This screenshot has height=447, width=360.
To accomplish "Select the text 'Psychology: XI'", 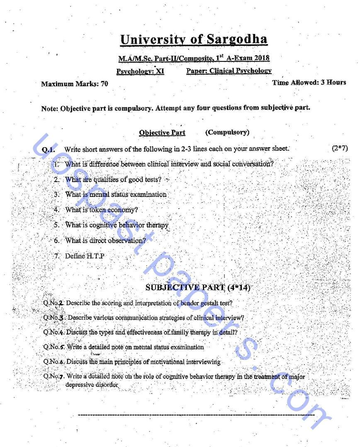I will point(140,71).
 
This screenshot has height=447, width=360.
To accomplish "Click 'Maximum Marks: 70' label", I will point(75,84).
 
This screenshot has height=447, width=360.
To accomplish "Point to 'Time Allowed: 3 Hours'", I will point(309,83).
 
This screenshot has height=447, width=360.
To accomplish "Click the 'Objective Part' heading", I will point(162,133).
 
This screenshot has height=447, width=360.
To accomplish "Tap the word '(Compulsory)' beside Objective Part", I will point(227,132).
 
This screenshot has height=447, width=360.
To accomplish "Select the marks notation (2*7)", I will point(340,148).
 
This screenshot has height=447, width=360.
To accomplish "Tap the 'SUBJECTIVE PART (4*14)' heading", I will point(198,287).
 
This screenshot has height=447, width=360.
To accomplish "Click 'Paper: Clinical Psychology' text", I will point(229,71).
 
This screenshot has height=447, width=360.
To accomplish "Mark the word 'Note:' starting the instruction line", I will point(50,109).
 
